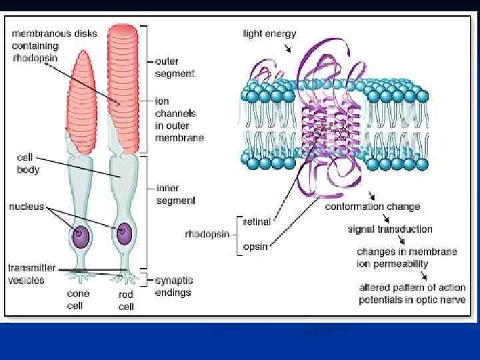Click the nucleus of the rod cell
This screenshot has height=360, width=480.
point(123,233)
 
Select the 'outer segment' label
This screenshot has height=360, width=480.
point(175,67)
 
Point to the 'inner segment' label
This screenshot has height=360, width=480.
point(175,193)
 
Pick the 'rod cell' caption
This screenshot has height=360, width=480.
point(126,300)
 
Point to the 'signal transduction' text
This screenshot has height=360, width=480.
point(390,229)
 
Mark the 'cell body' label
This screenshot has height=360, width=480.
point(28,164)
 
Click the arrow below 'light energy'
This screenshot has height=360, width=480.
point(287,47)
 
